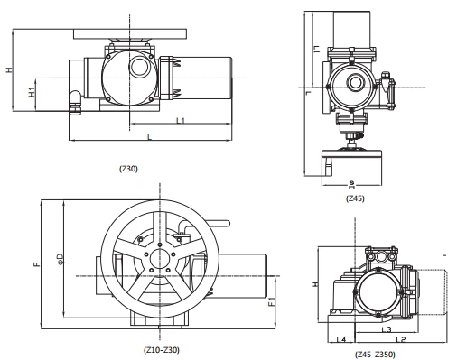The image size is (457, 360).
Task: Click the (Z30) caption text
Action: [x=129, y=168]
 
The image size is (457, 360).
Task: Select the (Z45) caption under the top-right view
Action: [x=354, y=198]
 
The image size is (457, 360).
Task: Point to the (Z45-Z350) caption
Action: [x=374, y=355]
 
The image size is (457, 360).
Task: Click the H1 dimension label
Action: [x=32, y=92]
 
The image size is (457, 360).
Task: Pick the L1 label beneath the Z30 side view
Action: [x=181, y=120]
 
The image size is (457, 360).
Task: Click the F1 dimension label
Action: [x=272, y=304]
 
